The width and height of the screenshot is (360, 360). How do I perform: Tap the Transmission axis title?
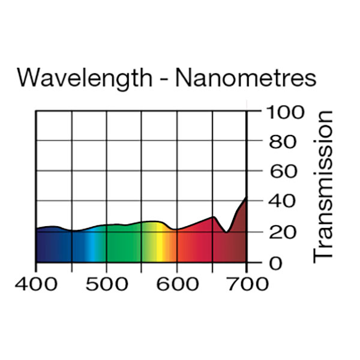(x=323, y=185)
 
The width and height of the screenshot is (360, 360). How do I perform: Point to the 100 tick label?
(x=281, y=112)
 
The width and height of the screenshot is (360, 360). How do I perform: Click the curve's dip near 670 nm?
(x=226, y=232)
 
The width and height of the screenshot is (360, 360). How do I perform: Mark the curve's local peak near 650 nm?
(x=213, y=217)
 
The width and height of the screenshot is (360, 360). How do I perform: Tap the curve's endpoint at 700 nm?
(x=246, y=197)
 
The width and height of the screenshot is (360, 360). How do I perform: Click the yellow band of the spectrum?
(x=160, y=246)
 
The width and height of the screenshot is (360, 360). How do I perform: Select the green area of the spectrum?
(x=123, y=246)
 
